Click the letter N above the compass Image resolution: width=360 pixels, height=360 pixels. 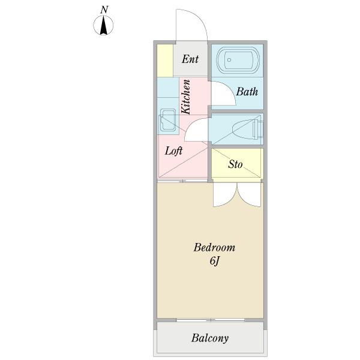(x=104, y=10)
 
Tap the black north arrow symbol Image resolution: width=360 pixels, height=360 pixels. (x=104, y=25)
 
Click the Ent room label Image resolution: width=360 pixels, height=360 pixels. (x=190, y=59)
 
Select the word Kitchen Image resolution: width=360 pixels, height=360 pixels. (x=185, y=97)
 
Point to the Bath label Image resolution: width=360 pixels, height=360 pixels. (x=247, y=91)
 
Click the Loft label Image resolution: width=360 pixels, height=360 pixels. (x=173, y=151)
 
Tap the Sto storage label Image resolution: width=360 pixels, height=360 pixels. (x=235, y=164)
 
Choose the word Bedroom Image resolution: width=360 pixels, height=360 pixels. (x=214, y=247)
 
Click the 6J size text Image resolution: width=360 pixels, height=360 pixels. (x=215, y=260)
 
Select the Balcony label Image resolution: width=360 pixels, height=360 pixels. (x=210, y=338)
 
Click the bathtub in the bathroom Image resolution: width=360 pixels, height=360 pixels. (x=238, y=60)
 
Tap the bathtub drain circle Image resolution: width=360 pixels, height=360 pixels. (x=229, y=60)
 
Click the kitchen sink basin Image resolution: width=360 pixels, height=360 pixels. (x=167, y=120)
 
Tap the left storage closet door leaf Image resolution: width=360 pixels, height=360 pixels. (x=225, y=194)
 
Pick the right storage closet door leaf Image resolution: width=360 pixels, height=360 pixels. (x=249, y=194)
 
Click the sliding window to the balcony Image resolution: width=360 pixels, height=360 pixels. (x=211, y=320)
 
